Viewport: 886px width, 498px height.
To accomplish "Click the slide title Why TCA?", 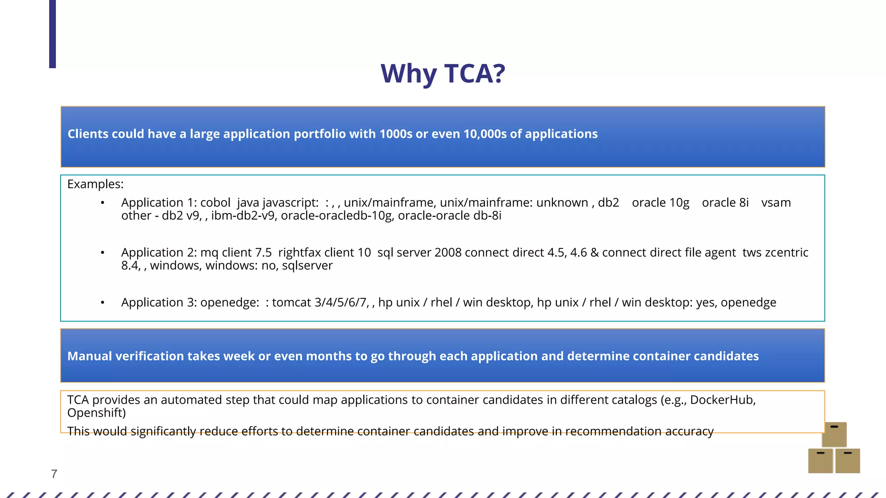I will pyautogui.click(x=443, y=73).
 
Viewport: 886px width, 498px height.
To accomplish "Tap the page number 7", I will pyautogui.click(x=54, y=474).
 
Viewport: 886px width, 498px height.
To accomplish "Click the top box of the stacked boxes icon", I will pyautogui.click(x=834, y=434).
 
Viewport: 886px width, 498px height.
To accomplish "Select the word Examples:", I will pyautogui.click(x=95, y=184).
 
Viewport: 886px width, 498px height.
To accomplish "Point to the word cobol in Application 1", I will pyautogui.click(x=215, y=203).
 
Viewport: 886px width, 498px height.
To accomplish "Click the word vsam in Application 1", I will pyautogui.click(x=776, y=203).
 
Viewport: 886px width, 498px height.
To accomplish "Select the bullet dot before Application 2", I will pyautogui.click(x=103, y=252).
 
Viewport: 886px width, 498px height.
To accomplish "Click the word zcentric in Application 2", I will pyautogui.click(x=786, y=252).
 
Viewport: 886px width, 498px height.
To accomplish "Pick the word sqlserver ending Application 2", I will pyautogui.click(x=307, y=265).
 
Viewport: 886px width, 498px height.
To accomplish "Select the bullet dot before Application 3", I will pyautogui.click(x=103, y=303).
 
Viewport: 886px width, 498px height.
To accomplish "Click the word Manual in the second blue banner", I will pyautogui.click(x=89, y=356).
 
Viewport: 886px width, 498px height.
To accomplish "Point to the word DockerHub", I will pyautogui.click(x=722, y=400).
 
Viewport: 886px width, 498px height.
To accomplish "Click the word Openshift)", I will pyautogui.click(x=96, y=413).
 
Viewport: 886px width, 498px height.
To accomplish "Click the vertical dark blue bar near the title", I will pyautogui.click(x=52, y=34).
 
